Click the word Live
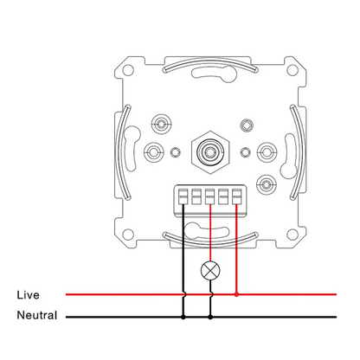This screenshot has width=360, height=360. click(x=28, y=295)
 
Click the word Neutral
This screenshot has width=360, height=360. click(x=37, y=315)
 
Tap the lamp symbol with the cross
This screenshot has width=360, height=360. click(x=210, y=271)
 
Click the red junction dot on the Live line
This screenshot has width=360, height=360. click(x=236, y=294)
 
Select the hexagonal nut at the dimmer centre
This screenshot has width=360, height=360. click(x=210, y=152)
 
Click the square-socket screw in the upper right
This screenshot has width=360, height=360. click(x=247, y=125)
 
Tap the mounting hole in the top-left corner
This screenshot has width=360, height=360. click(x=128, y=70)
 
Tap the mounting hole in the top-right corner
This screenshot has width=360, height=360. click(x=292, y=70)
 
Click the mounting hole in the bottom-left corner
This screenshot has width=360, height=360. click(x=128, y=235)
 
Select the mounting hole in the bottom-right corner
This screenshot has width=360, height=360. click(x=292, y=235)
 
